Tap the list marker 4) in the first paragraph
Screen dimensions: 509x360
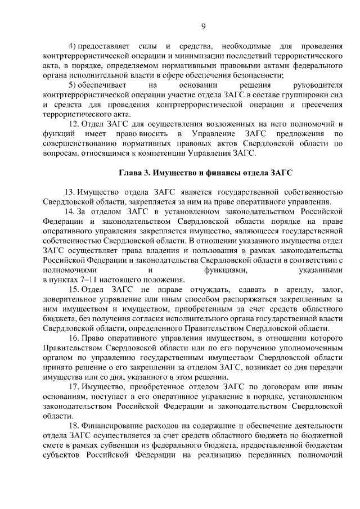(x=71, y=45)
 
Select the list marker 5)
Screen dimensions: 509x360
(x=71, y=84)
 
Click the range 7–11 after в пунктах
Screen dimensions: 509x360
(x=87, y=280)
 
